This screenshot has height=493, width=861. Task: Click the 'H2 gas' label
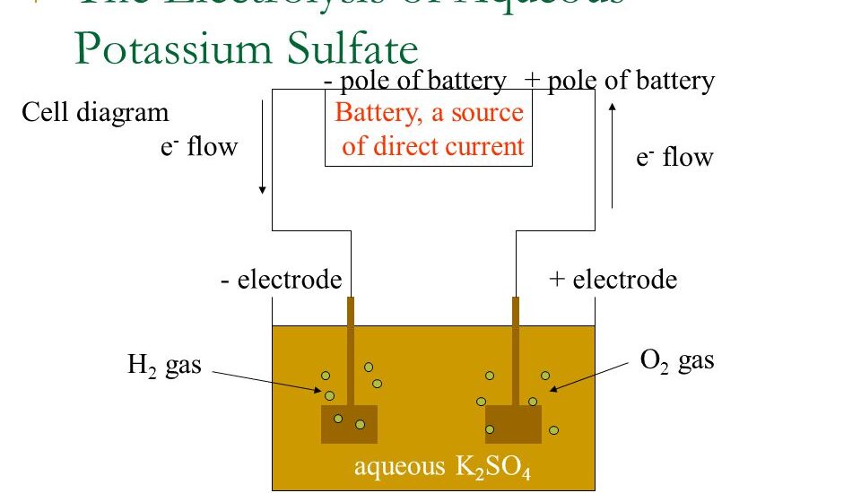click(x=164, y=366)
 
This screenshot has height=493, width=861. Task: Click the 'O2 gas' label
click(x=676, y=360)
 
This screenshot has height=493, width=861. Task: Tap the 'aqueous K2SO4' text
click(x=442, y=467)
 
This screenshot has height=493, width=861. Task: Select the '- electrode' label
click(x=281, y=281)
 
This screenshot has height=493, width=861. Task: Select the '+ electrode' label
click(x=613, y=281)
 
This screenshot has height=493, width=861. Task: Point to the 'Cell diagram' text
click(x=95, y=113)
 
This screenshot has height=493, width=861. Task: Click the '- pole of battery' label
click(x=414, y=82)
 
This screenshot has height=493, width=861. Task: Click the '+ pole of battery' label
click(x=619, y=82)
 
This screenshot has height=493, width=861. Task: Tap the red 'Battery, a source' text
click(x=429, y=114)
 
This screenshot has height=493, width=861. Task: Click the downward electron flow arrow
click(x=262, y=147)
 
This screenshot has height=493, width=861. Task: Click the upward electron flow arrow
click(x=612, y=156)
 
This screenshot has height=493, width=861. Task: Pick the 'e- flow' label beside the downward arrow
click(x=199, y=146)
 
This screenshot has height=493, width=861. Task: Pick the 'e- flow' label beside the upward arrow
click(x=674, y=158)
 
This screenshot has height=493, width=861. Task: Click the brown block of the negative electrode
click(x=349, y=424)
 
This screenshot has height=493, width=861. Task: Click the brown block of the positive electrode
click(x=513, y=424)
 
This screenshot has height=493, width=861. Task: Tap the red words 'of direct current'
click(x=432, y=147)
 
